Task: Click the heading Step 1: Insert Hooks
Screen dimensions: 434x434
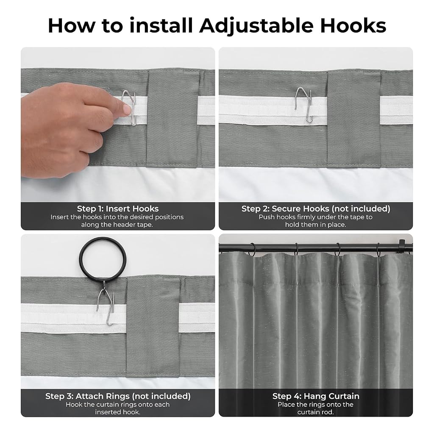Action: click(118, 209)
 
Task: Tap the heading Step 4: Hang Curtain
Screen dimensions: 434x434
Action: click(315, 396)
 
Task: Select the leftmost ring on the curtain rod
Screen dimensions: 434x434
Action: click(252, 250)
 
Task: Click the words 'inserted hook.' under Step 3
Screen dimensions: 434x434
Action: click(118, 412)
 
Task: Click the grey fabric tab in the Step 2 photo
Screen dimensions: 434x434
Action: click(354, 119)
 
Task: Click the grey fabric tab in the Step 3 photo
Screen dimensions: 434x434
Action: click(153, 327)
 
